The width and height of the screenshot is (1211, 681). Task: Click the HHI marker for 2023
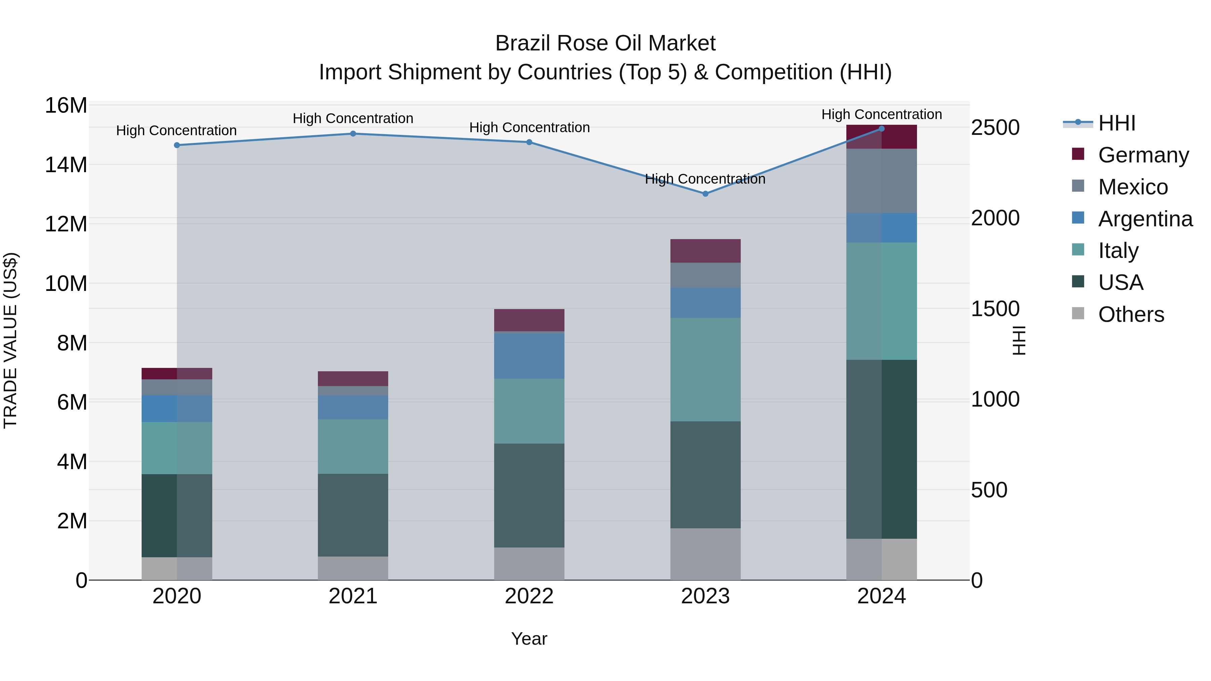point(705,194)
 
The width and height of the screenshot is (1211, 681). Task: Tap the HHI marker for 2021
point(353,134)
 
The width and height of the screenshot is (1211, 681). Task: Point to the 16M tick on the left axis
point(66,105)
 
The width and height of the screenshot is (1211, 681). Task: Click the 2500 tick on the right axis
point(995,127)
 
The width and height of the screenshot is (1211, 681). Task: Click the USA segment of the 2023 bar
point(705,475)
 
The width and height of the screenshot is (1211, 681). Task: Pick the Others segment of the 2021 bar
point(353,568)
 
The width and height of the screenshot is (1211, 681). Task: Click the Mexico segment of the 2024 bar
point(881,181)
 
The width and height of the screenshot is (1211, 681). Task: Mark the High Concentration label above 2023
point(705,179)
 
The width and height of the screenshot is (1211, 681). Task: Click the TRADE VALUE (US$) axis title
point(11,340)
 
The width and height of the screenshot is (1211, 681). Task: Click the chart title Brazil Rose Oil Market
point(605,43)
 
